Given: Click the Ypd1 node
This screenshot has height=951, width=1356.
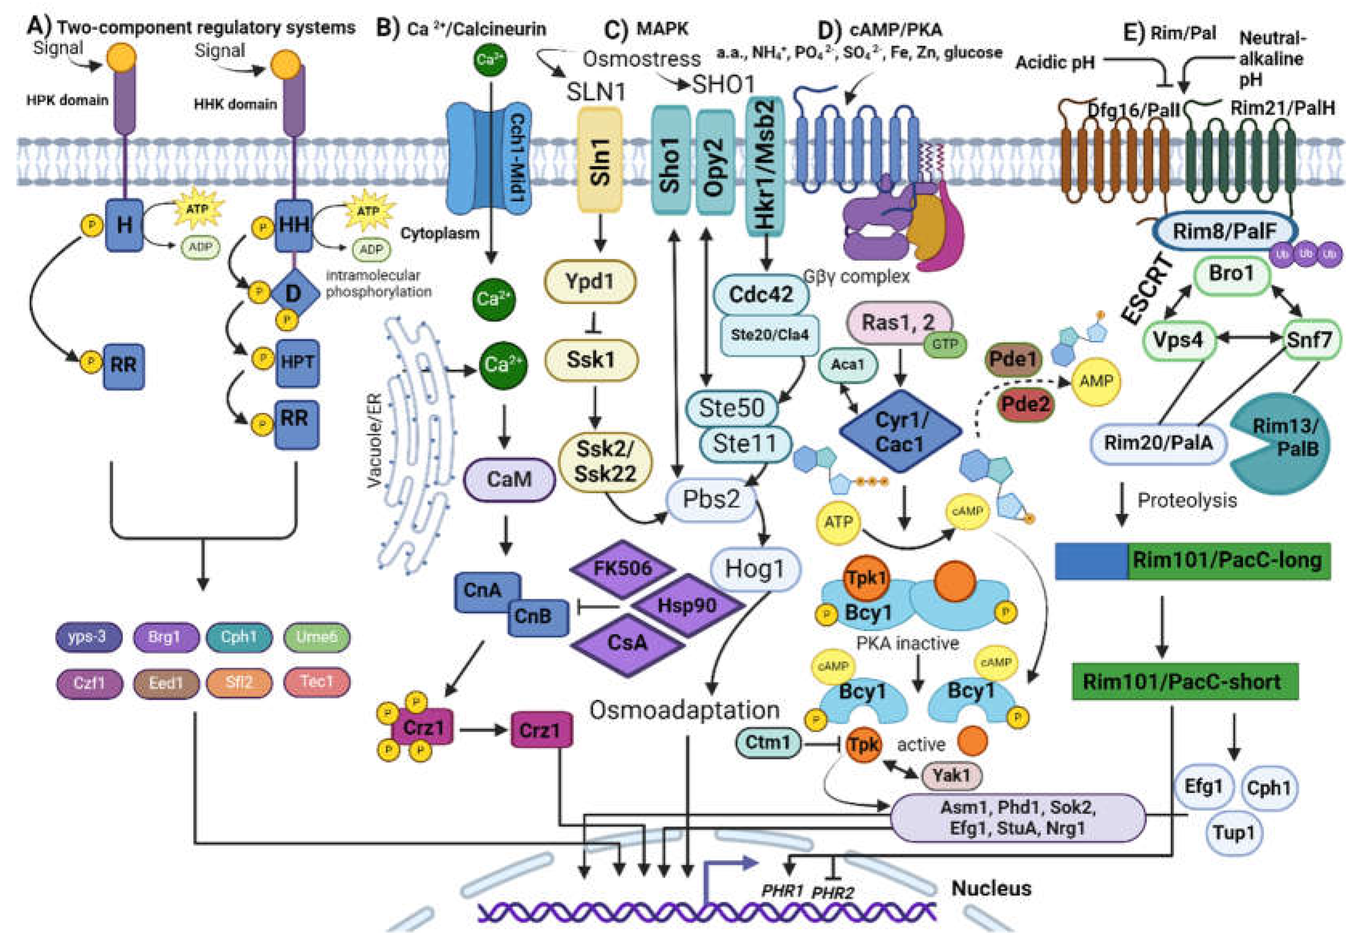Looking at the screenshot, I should [589, 282].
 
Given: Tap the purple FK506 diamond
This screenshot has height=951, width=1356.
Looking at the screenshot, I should [623, 568].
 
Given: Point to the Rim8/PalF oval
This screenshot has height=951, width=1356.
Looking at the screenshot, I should [1224, 231].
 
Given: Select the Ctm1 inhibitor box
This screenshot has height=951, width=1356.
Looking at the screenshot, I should [768, 742].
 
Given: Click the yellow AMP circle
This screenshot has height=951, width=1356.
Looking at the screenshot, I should [1096, 382].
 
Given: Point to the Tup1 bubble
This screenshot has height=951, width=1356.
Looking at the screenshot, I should [1233, 832].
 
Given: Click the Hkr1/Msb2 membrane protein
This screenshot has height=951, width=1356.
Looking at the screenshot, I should [765, 166].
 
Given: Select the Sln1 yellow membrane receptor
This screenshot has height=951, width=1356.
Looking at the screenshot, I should [599, 160].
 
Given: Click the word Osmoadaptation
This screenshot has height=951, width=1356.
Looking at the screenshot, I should [684, 710].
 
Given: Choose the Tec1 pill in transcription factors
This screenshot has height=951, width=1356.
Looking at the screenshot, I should [317, 682].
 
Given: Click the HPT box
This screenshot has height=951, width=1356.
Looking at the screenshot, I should [297, 362].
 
